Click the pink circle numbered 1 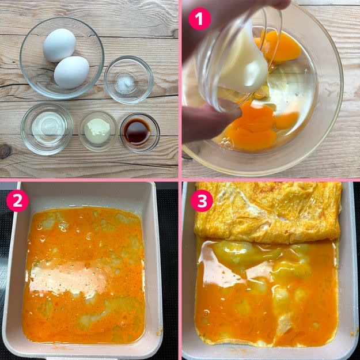[x=200, y=19]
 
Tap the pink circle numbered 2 [x=17, y=200]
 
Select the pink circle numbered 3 [x=202, y=200]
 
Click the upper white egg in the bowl [x=59, y=46]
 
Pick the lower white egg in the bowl [x=71, y=72]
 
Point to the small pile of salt [x=125, y=85]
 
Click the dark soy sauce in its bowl [x=137, y=131]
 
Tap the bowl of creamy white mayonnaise [x=98, y=131]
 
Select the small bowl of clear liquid [x=47, y=128]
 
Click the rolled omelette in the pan [x=268, y=212]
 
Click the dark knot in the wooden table [x=5, y=151]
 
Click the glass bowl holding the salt [x=128, y=79]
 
